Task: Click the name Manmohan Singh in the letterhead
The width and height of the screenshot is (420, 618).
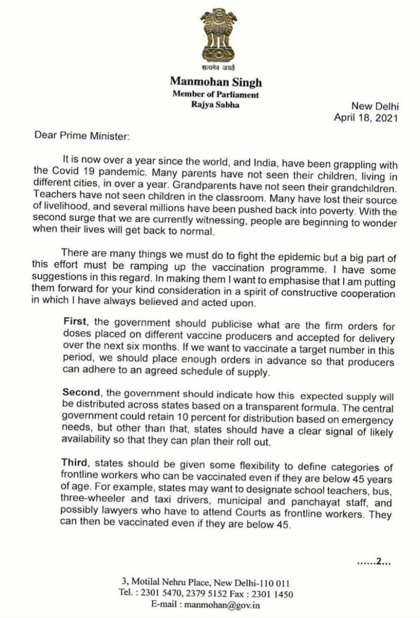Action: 216,82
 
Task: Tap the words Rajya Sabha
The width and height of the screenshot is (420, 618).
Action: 215,105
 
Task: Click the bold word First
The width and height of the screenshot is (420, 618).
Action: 74,322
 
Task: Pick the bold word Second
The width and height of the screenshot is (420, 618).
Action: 82,393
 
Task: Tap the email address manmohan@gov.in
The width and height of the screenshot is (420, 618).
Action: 222,605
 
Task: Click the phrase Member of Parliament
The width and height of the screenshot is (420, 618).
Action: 215,95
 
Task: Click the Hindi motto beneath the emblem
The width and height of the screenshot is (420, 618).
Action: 218,67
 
